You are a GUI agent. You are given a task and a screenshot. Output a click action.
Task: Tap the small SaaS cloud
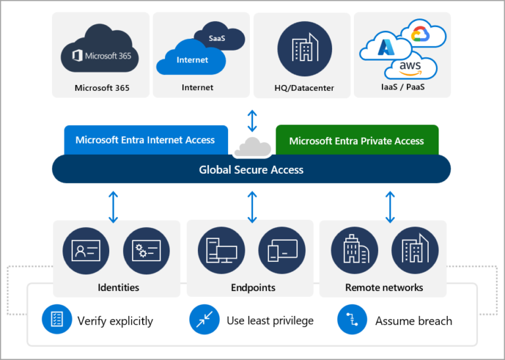pos(216,38)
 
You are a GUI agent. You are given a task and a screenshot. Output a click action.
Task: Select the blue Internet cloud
pos(191,61)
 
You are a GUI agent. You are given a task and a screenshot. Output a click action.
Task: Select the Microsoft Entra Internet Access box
pos(145,140)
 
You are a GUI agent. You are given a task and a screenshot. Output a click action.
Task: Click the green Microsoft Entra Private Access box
pos(356,140)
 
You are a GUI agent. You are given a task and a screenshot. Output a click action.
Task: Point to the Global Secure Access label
pos(251,170)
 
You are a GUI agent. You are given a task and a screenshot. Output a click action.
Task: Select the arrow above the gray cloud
pos(252,121)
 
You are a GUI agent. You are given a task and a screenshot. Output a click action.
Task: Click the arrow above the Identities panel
pos(113,205)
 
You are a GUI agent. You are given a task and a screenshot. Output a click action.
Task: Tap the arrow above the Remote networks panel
pos(390,205)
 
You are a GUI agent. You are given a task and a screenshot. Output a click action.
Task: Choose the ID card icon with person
pos(86,251)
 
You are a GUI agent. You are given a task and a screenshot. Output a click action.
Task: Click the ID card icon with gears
pos(147,251)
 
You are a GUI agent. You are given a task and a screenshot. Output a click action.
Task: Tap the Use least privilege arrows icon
pos(204,320)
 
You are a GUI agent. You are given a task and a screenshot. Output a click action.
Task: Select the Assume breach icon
pos(352,320)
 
